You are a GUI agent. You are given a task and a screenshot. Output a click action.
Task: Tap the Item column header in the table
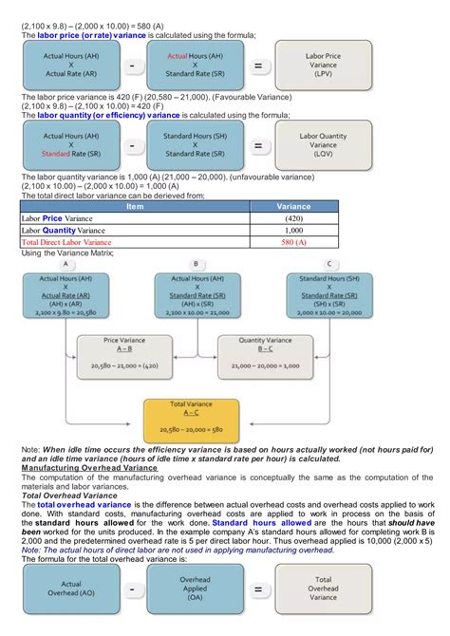(x=135, y=205)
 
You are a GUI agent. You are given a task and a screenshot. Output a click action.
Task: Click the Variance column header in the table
(x=293, y=205)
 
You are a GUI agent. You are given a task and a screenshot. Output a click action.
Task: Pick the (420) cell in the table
(x=293, y=217)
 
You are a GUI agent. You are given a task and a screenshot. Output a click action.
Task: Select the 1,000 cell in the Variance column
(x=293, y=230)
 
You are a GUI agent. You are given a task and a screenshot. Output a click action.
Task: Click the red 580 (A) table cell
(x=293, y=242)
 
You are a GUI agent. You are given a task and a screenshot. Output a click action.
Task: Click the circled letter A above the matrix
(x=66, y=263)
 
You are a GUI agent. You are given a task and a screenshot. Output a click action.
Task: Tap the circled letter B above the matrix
(x=196, y=263)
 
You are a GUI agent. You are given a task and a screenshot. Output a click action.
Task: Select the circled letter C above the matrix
(x=328, y=263)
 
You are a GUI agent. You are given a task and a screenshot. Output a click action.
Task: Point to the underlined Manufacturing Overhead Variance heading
(x=88, y=468)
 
